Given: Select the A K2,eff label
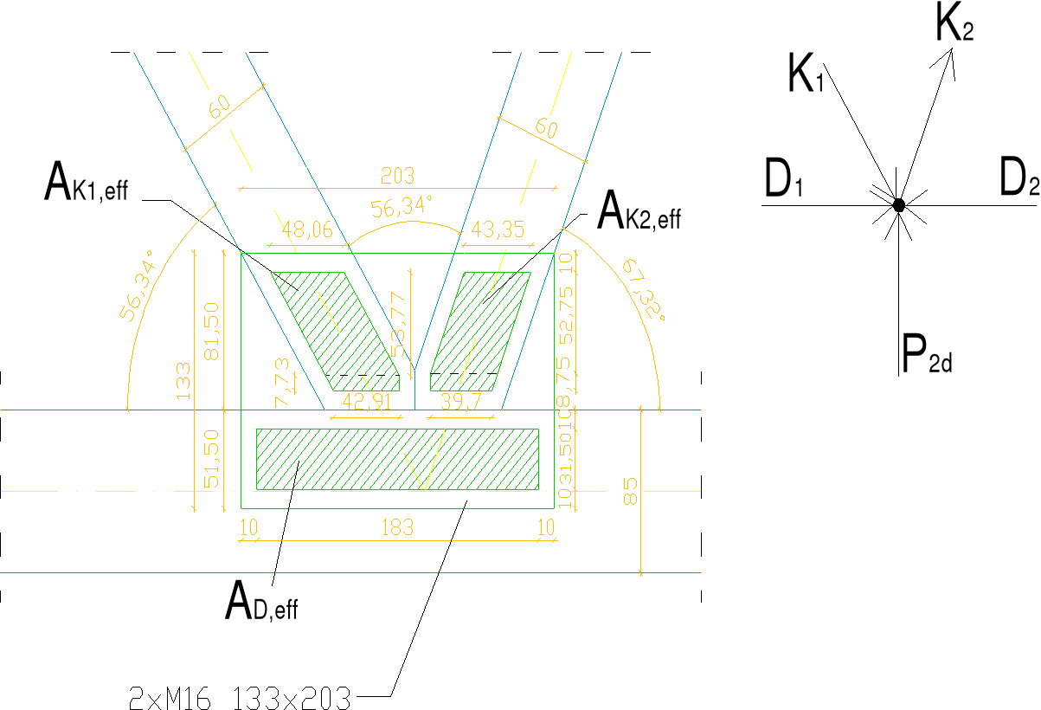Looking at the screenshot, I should tap(639, 211).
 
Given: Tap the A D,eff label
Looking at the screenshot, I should tap(260, 602).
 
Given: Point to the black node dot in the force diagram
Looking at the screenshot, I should tap(899, 205).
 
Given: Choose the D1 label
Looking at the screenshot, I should tap(784, 180).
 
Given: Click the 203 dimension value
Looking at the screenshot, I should tap(397, 176).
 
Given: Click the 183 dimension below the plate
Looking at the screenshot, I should tap(397, 526).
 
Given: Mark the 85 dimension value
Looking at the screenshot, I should tap(631, 491).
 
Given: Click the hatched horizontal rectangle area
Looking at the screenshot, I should tap(397, 459).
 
